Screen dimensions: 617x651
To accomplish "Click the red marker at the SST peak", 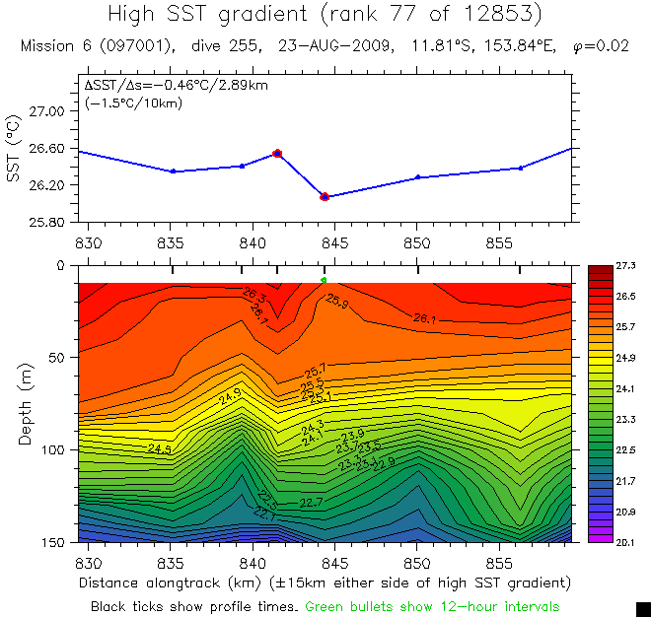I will click(x=277, y=154).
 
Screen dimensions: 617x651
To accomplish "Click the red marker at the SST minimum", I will click(x=324, y=197).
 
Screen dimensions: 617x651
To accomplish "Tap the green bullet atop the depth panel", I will click(x=324, y=281).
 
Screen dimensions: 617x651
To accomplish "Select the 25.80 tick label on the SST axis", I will click(x=43, y=221).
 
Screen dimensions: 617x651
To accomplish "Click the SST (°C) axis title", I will click(x=13, y=148).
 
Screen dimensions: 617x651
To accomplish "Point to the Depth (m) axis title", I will click(x=25, y=403).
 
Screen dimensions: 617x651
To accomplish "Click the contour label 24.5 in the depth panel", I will click(x=160, y=448).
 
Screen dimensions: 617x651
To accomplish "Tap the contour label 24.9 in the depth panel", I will click(x=230, y=396).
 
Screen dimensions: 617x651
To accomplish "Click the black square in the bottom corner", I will click(x=643, y=608).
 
